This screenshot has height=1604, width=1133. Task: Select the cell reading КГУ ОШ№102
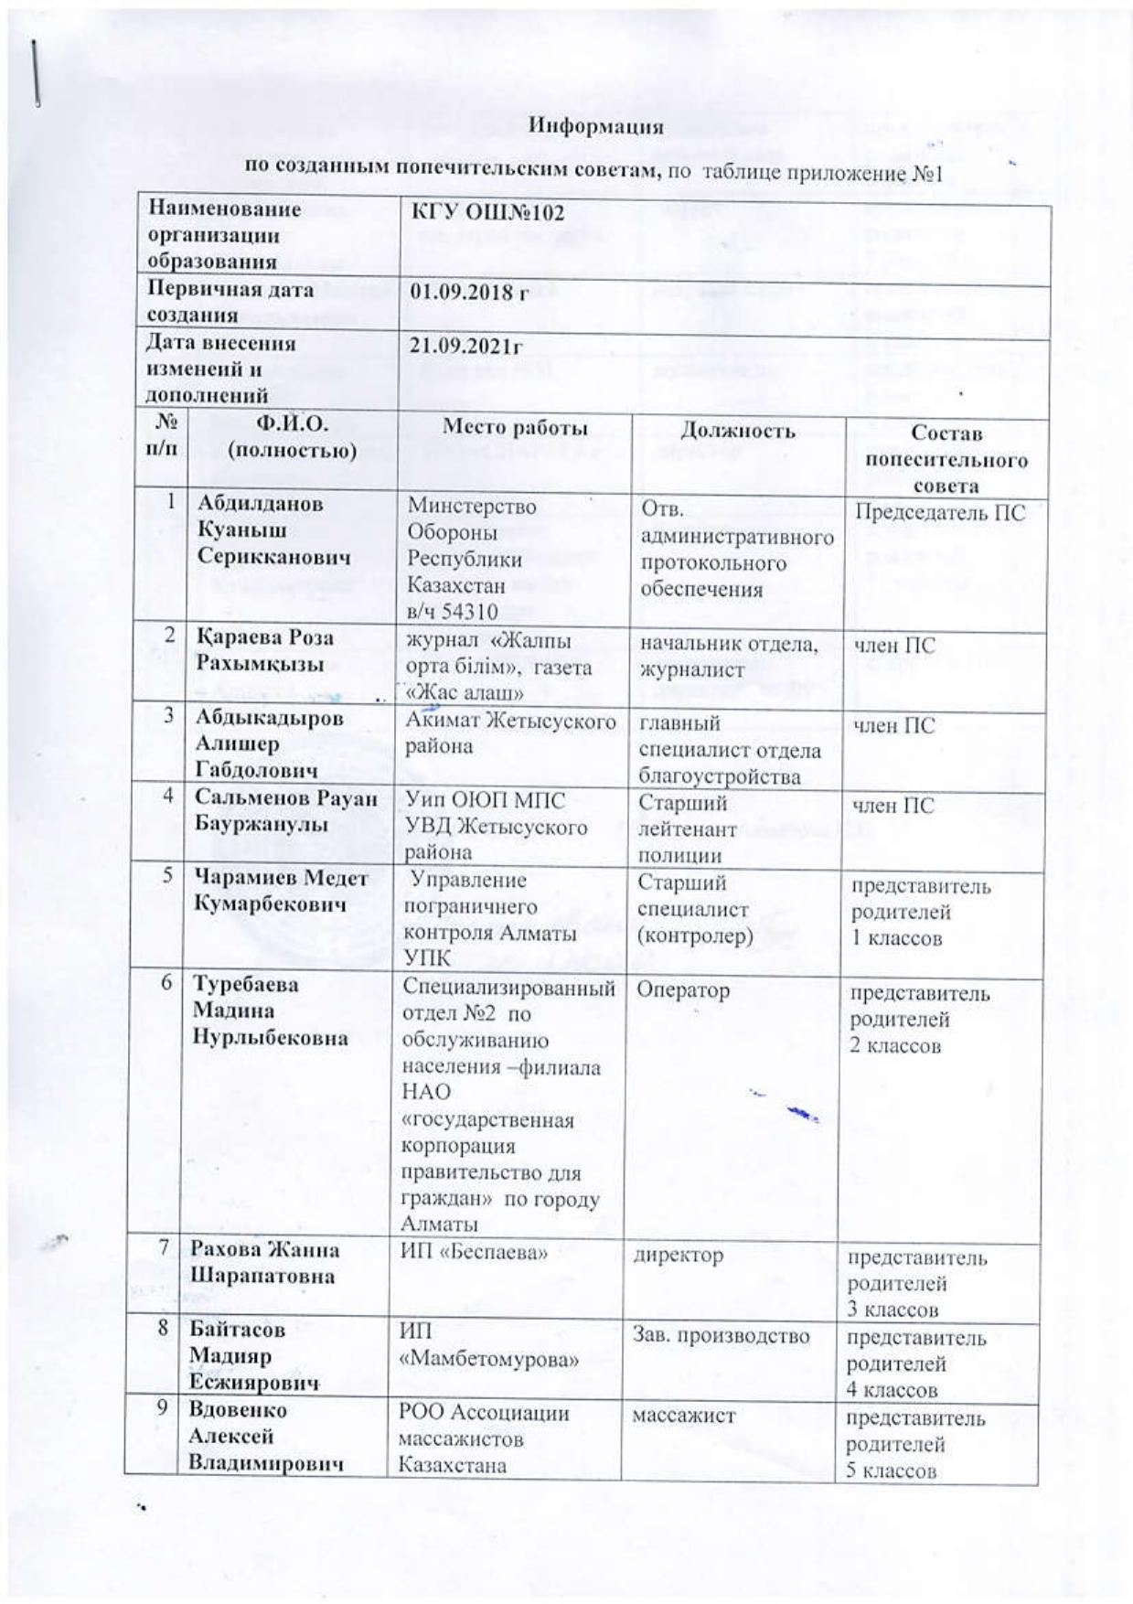pyautogui.click(x=486, y=213)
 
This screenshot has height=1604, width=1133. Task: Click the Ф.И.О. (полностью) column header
pyautogui.click(x=292, y=436)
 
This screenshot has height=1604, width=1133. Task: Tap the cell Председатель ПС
pyautogui.click(x=940, y=512)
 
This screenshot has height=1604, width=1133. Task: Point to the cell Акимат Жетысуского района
pyautogui.click(x=510, y=733)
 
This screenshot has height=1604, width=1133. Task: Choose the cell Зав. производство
pyautogui.click(x=721, y=1336)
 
